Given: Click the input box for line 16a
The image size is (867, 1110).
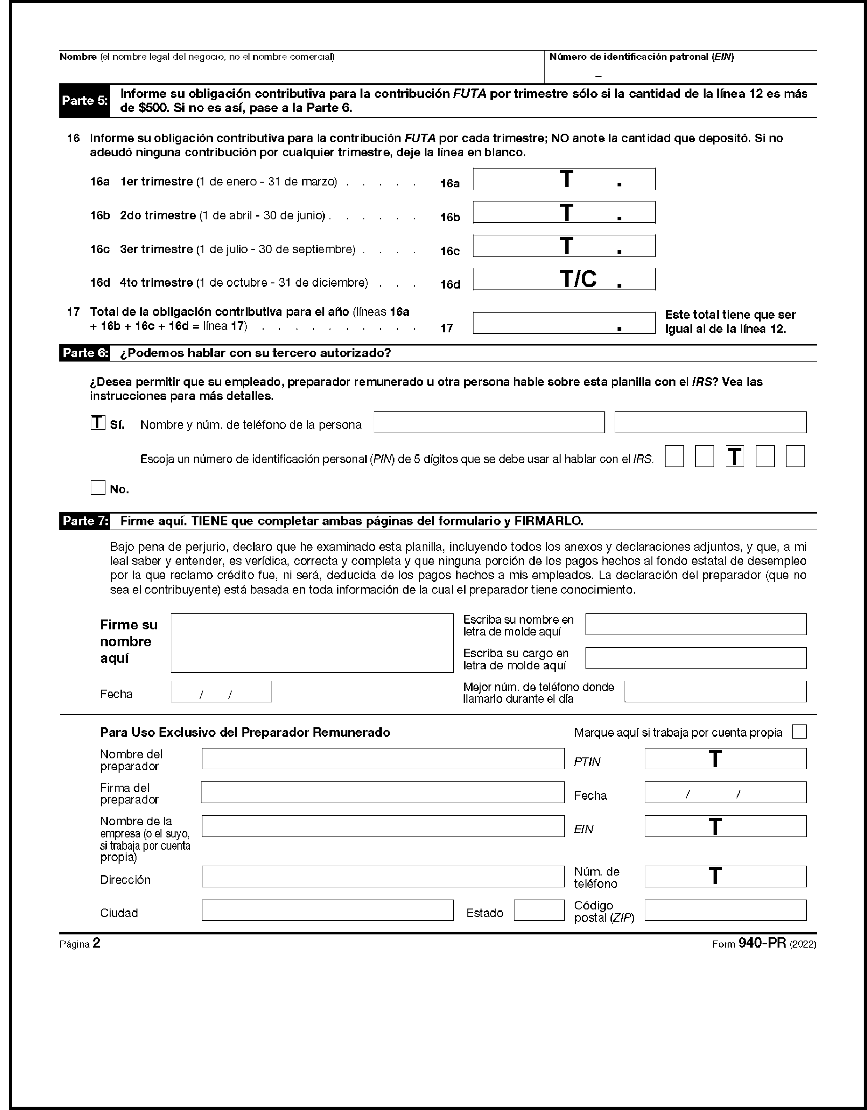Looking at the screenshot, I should [x=563, y=179].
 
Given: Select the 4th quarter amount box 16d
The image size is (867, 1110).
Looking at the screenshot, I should [x=563, y=280].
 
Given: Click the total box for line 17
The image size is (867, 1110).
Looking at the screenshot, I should [x=563, y=323].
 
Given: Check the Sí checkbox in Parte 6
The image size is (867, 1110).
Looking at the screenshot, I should [x=97, y=423].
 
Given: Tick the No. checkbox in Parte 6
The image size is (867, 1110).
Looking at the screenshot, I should [x=97, y=488].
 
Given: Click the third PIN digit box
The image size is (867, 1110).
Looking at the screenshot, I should [x=734, y=457].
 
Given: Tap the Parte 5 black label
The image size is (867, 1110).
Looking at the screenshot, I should [x=84, y=101].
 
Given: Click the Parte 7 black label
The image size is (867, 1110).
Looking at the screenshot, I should [x=84, y=521].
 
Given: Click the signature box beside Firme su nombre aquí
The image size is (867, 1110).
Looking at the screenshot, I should [x=312, y=643].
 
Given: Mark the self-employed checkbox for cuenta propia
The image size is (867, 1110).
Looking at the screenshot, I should [x=799, y=732].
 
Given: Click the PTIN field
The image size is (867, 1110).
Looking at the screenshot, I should [x=725, y=759].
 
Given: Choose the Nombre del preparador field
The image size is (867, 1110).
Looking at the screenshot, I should [x=383, y=759].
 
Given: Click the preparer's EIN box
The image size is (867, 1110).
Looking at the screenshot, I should [x=725, y=827].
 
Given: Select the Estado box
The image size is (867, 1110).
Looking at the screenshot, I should [x=539, y=910].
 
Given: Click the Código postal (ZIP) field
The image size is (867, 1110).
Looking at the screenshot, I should [x=725, y=910].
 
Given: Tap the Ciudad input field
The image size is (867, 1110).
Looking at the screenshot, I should [x=327, y=910].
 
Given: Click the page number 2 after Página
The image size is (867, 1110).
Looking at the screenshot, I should [x=96, y=943].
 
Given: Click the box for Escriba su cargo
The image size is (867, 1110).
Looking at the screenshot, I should [x=695, y=658].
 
